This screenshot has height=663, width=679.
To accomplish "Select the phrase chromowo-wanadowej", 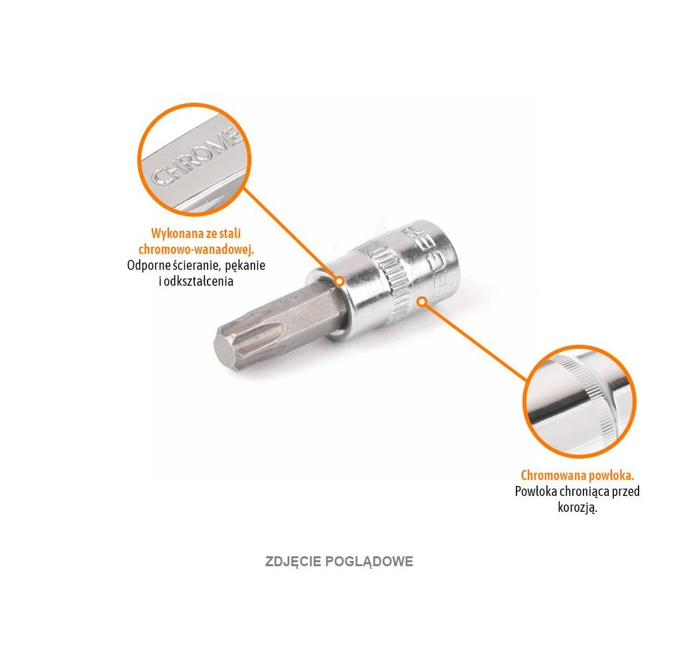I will [196, 249].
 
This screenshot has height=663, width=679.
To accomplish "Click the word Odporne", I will [147, 265].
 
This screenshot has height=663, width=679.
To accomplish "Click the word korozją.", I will [578, 508].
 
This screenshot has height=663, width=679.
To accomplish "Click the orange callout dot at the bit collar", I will [339, 281].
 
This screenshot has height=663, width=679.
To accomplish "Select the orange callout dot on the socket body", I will [421, 302].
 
